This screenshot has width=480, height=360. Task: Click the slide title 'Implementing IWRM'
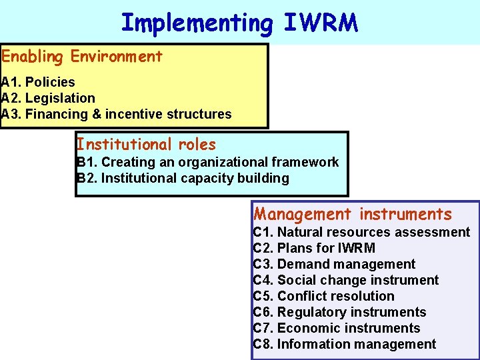click(x=239, y=23)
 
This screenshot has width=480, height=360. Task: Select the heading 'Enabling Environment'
click(x=82, y=57)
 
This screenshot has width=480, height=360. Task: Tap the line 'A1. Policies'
click(x=38, y=82)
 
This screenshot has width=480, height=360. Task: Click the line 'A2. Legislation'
click(x=48, y=98)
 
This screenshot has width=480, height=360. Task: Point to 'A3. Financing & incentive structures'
click(x=117, y=114)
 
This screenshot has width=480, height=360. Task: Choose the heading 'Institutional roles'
click(x=147, y=144)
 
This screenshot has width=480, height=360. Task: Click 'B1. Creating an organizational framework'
click(x=208, y=162)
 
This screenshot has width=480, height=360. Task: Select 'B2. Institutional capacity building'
click(x=183, y=178)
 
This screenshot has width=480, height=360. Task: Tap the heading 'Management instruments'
click(x=353, y=214)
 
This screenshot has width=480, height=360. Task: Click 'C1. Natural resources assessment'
click(x=361, y=232)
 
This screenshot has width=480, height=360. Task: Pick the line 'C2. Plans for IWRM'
click(x=314, y=248)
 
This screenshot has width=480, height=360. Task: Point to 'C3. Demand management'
click(x=334, y=264)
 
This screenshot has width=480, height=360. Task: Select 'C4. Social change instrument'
click(x=346, y=280)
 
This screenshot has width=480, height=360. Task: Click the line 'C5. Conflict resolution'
click(x=324, y=296)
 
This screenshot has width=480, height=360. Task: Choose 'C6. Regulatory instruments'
click(x=340, y=312)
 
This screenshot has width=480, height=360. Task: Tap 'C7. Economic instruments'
click(x=337, y=328)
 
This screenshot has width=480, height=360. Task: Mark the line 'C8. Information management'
click(x=345, y=344)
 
